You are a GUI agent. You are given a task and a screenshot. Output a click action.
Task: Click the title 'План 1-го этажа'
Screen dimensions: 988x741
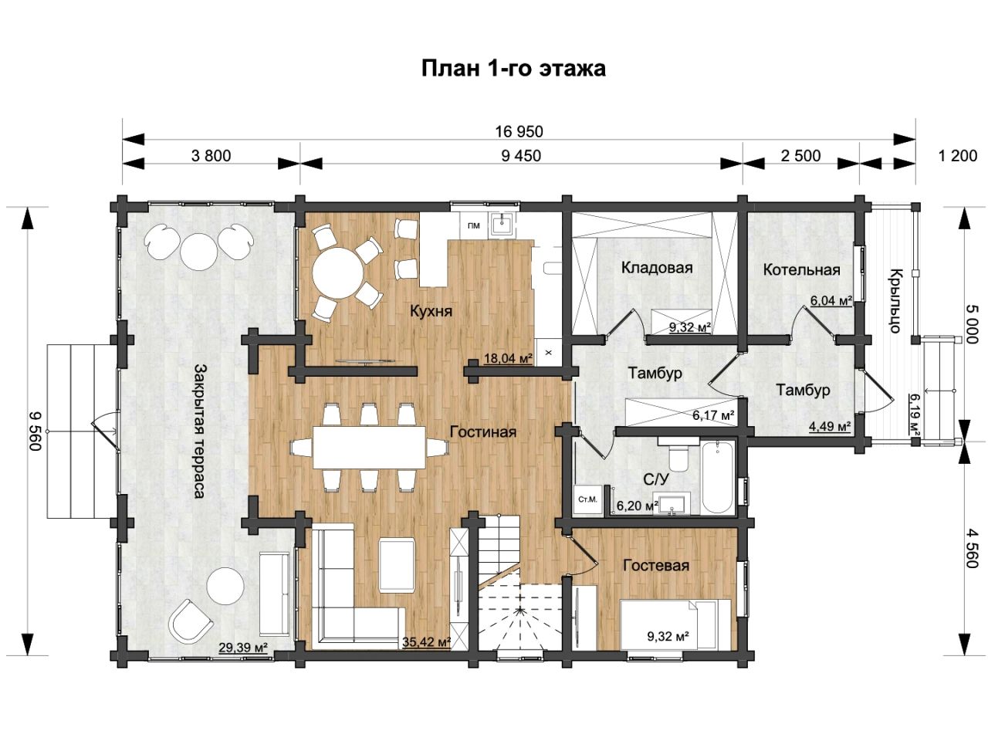click(x=513, y=69)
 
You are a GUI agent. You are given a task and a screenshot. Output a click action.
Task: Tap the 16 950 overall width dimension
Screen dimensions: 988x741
click(x=519, y=131)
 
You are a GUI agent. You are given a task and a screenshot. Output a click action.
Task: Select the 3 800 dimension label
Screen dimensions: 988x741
click(x=211, y=156)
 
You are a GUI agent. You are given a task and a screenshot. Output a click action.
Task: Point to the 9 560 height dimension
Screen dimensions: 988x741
click(x=35, y=431)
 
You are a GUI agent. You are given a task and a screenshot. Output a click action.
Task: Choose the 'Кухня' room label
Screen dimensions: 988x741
click(x=431, y=311)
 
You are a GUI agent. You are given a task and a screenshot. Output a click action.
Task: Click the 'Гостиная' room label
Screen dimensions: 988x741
click(x=483, y=432)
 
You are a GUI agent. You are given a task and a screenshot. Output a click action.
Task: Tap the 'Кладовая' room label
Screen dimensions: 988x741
click(x=657, y=268)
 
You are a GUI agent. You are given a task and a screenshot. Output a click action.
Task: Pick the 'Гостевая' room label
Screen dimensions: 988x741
click(x=656, y=565)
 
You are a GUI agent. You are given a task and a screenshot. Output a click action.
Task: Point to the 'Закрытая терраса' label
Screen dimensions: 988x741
click(x=201, y=431)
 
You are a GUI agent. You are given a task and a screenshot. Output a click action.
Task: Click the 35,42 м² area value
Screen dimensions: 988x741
click(x=426, y=641)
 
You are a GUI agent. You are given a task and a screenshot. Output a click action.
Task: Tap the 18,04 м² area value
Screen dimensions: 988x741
click(x=508, y=359)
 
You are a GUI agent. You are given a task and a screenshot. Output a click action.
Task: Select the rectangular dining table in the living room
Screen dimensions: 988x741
click(x=369, y=448)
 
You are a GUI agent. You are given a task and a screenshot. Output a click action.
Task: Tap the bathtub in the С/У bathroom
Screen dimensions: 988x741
click(x=718, y=477)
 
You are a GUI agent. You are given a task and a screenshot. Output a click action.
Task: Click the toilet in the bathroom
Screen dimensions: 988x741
click(x=676, y=452)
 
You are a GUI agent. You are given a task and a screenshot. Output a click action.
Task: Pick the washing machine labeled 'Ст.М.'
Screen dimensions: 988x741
click(x=588, y=499)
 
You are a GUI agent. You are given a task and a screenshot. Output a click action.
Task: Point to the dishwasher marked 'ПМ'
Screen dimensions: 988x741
click(x=473, y=226)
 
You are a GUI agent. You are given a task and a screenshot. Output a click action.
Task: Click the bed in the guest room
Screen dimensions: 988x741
click(x=675, y=624)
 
